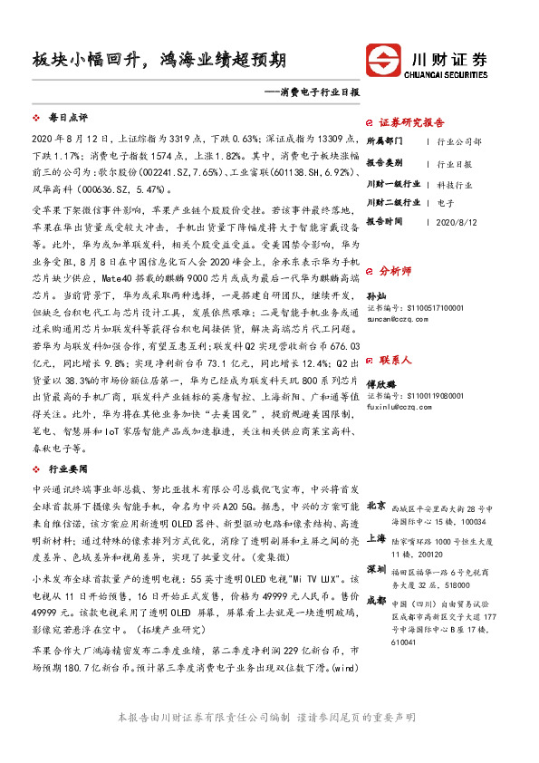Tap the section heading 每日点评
67,118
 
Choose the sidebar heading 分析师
395,271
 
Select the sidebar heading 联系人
395,334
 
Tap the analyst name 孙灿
376,296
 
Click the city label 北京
377,504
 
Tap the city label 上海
377,536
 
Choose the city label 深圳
377,569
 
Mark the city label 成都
377,601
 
